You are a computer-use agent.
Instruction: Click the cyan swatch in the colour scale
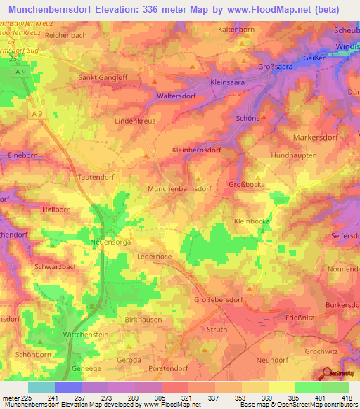41,387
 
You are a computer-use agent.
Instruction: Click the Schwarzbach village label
55,267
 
